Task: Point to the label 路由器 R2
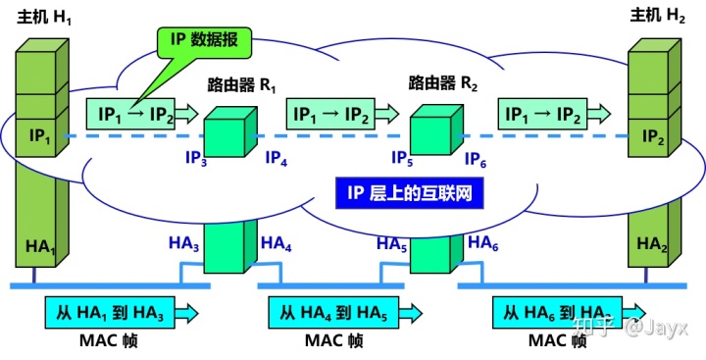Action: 443,83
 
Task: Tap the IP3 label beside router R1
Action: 197,160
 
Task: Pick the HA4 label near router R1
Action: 276,245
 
